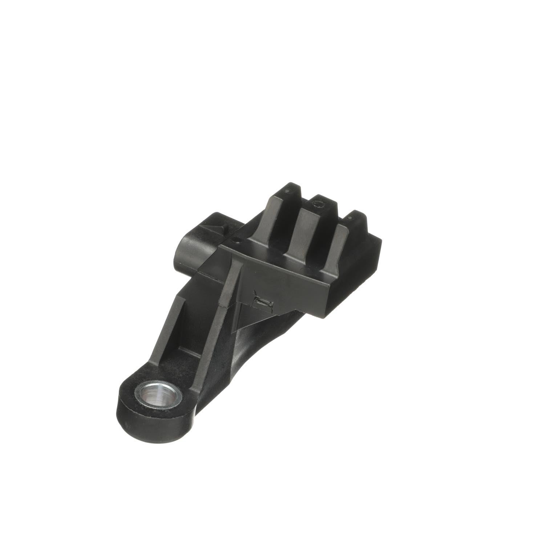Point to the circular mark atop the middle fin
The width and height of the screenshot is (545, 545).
click(x=320, y=205)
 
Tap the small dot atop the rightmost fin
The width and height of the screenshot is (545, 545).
click(x=350, y=218)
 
